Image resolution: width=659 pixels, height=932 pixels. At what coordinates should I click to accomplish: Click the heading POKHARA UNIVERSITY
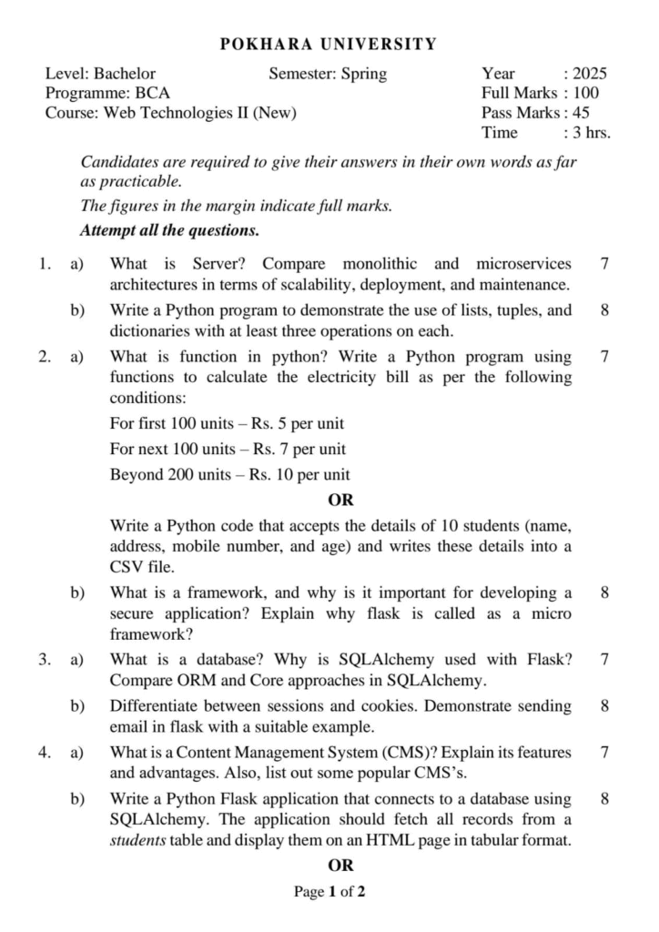[x=329, y=44]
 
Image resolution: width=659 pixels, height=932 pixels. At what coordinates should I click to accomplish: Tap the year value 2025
[x=589, y=74]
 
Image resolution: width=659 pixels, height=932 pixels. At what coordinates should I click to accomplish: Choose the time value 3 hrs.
[x=591, y=133]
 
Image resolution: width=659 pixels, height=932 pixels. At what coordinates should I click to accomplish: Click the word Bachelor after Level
[x=125, y=74]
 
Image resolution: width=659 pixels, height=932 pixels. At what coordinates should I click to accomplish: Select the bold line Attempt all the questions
[x=170, y=230]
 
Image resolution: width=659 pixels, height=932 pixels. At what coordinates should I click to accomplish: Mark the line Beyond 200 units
[x=229, y=474]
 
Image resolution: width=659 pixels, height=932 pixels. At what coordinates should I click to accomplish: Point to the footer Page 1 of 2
[x=329, y=892]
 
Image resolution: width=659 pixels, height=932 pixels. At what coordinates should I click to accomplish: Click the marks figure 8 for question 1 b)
[x=605, y=310]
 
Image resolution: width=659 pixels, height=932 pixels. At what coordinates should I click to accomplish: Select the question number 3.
[x=44, y=659]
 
